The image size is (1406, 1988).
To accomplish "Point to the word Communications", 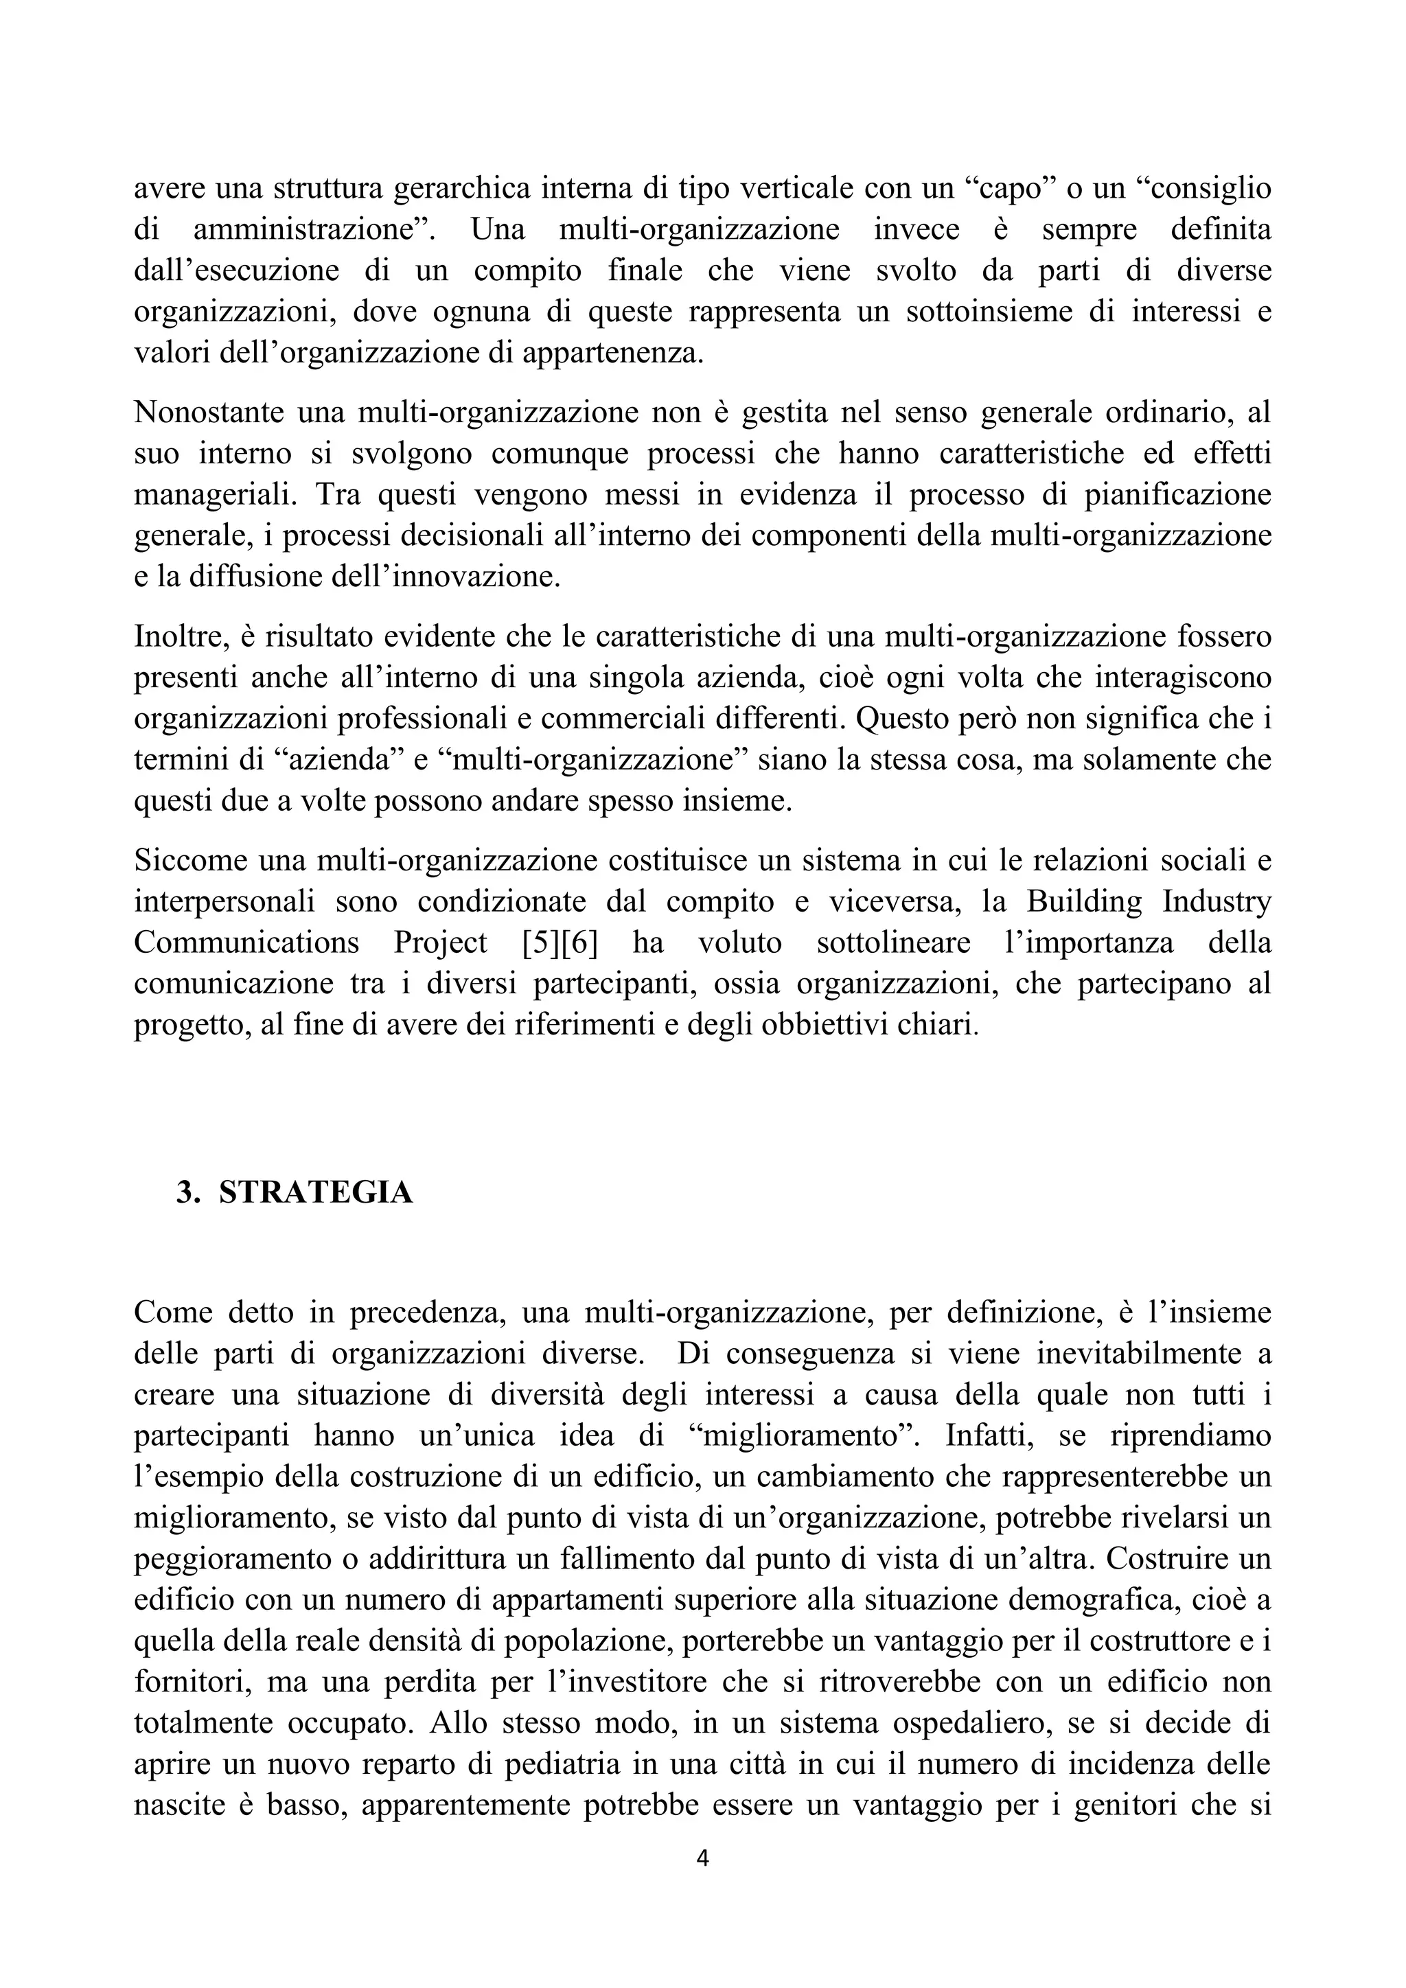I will (x=246, y=943).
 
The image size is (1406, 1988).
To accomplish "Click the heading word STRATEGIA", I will (x=316, y=1193).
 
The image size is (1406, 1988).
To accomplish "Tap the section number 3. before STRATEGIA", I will (x=187, y=1193).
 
